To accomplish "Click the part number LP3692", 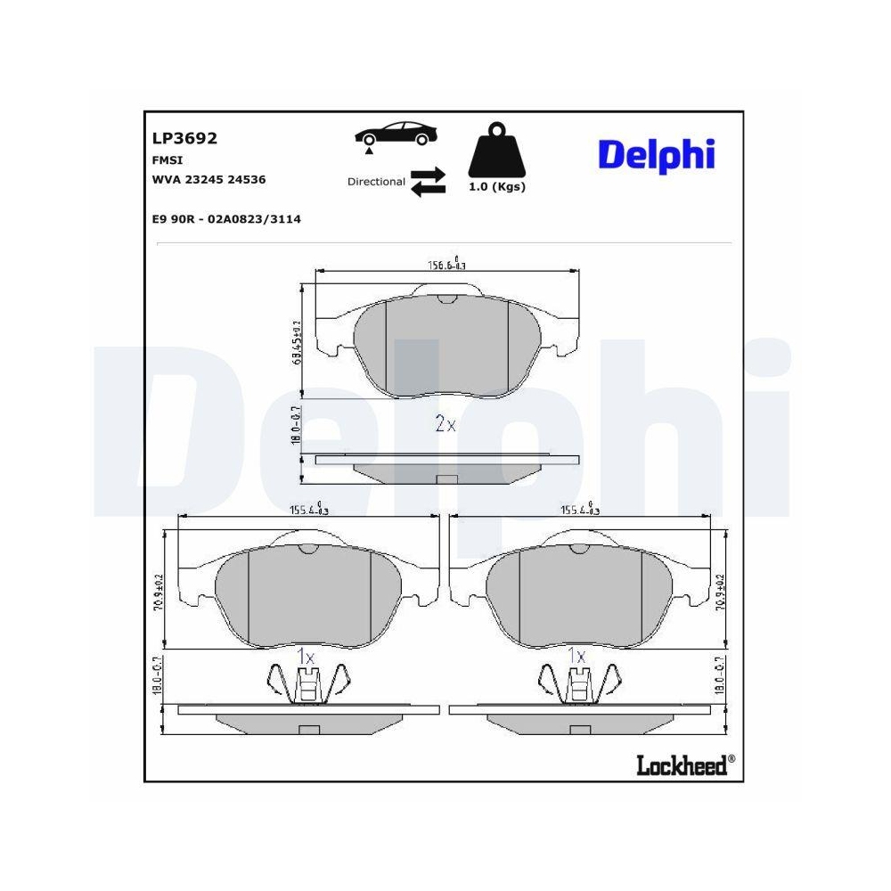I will click(x=185, y=139).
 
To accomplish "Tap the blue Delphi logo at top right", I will click(x=656, y=155).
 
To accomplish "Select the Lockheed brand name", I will click(x=681, y=765).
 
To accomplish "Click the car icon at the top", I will click(x=396, y=135).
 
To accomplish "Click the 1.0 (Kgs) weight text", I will click(x=496, y=187).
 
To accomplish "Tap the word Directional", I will click(x=376, y=182).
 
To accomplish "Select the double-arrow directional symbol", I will click(x=428, y=181).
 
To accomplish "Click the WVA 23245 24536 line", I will click(x=209, y=179).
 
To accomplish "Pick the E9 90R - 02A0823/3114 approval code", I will click(x=226, y=218).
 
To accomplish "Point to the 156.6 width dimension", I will click(x=448, y=264).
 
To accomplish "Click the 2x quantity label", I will click(x=445, y=425).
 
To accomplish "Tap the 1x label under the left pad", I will click(x=306, y=657).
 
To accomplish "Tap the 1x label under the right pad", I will click(x=577, y=657).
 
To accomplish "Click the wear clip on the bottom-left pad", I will click(x=306, y=684).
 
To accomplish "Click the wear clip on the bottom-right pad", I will click(x=577, y=684).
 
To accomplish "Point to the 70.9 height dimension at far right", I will click(x=720, y=591).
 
